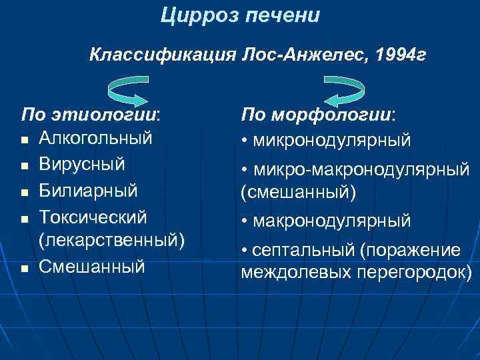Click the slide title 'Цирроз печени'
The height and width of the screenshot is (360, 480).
tap(240, 15)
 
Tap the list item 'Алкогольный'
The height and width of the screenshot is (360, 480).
tap(96, 138)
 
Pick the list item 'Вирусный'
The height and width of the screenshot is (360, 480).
tap(81, 164)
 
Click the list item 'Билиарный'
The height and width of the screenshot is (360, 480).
tap(88, 191)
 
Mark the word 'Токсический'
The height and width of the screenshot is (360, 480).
tap(93, 217)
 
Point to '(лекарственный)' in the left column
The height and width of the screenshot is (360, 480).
tap(112, 239)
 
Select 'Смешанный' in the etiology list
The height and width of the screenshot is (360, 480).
tap(92, 266)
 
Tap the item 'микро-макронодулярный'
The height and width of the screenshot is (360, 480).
tap(360, 171)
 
